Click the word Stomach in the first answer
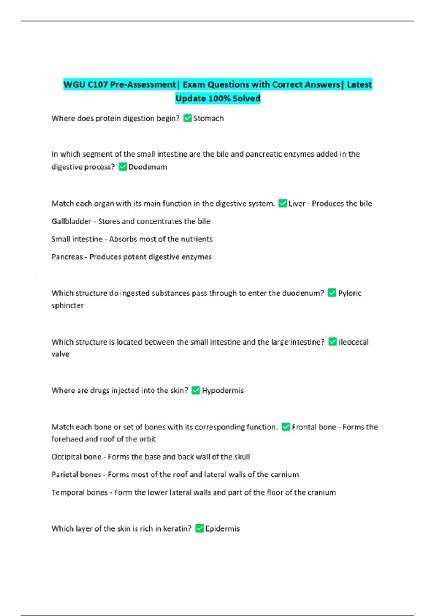click(208, 118)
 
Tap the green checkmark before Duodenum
click(123, 167)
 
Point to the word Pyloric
click(349, 293)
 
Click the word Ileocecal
click(353, 342)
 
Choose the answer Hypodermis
click(223, 391)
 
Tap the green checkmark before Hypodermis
click(196, 390)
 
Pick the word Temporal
click(66, 492)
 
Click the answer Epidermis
click(223, 529)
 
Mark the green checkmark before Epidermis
click(199, 529)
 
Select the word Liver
click(297, 204)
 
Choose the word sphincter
click(68, 305)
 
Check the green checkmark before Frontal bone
click(286, 427)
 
